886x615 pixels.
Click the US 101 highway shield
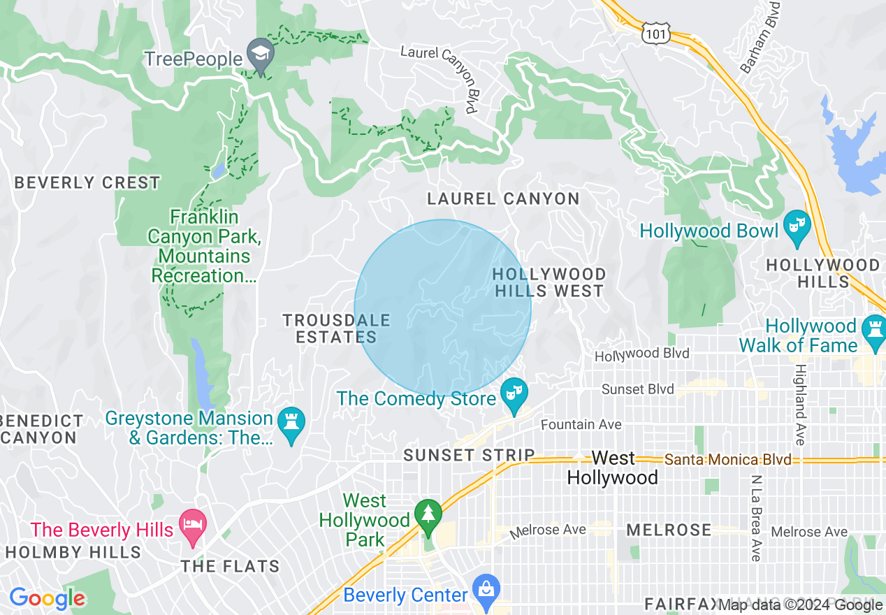(656, 33)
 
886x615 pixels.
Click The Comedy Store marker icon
(514, 396)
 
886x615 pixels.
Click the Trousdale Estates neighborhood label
(336, 328)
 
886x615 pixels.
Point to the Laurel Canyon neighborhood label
(503, 199)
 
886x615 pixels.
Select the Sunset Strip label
(469, 456)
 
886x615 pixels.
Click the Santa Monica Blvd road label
(727, 460)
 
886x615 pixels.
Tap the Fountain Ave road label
(581, 424)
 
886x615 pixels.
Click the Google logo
(47, 598)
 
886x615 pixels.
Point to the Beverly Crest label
(87, 183)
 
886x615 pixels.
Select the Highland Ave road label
(801, 404)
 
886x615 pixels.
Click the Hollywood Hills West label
(549, 282)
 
